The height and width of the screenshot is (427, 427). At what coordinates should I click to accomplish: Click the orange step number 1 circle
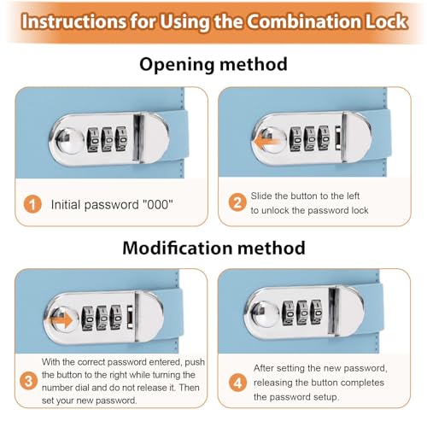[32, 204]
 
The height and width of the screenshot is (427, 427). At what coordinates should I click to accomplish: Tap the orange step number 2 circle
[237, 202]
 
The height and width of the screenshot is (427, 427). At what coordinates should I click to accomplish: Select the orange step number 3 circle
[28, 381]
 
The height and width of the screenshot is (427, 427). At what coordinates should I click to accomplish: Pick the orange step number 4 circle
[238, 383]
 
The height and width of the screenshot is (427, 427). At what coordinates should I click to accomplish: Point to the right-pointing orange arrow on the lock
[61, 321]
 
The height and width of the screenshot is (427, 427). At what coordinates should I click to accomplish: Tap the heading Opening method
[213, 64]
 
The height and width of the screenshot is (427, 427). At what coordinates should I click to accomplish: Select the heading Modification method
[213, 248]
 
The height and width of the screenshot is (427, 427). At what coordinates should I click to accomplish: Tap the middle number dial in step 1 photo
[107, 139]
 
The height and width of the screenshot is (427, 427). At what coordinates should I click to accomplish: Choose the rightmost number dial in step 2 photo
[324, 138]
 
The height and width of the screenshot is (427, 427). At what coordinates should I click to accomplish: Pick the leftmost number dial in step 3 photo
[88, 318]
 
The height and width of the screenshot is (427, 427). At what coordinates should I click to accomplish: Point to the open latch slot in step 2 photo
[338, 137]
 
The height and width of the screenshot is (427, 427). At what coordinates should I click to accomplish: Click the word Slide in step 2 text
[261, 196]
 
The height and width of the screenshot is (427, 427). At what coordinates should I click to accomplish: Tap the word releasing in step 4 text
[272, 383]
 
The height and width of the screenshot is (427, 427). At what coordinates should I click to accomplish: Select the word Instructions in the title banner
[74, 21]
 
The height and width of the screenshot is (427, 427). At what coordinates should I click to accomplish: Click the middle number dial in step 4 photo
[303, 313]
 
